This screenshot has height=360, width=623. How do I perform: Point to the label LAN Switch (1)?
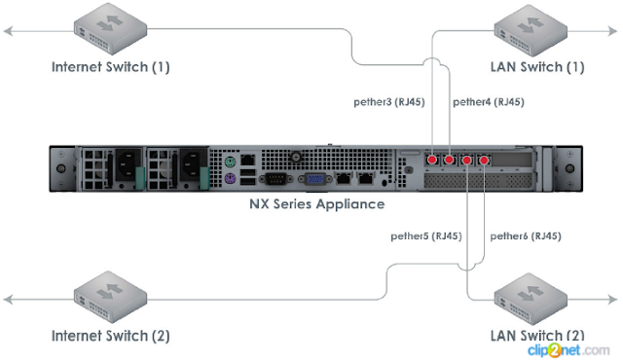pos(538,67)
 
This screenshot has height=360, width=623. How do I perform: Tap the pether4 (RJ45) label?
pos(489,101)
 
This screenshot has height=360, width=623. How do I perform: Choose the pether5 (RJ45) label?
pos(426,235)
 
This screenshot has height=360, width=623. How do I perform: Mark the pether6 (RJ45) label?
pos(526,235)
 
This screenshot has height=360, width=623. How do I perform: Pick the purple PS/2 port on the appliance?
pos(228,179)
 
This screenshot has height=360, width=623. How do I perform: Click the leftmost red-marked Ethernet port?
pos(432,160)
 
